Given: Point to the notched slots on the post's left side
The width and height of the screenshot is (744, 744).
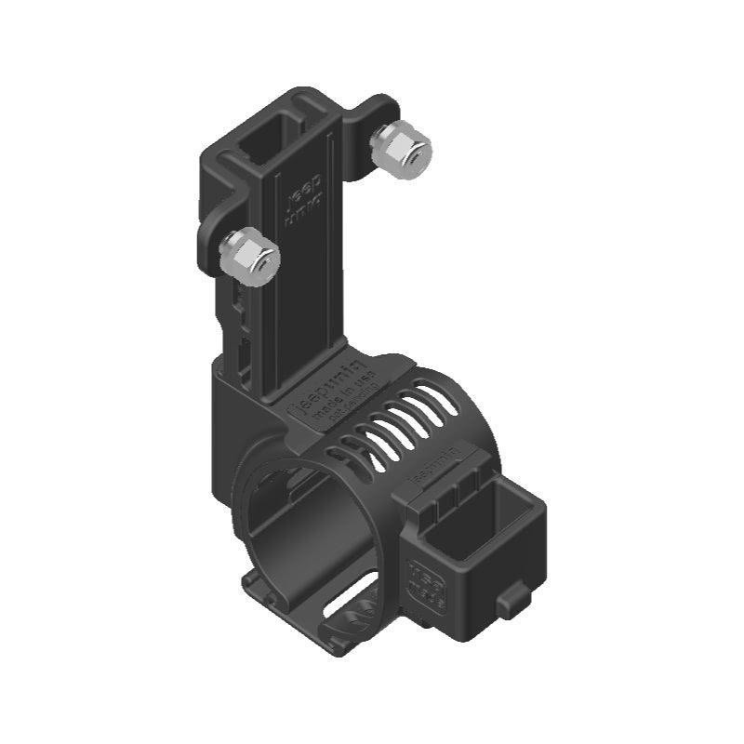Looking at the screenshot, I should pos(240,321).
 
